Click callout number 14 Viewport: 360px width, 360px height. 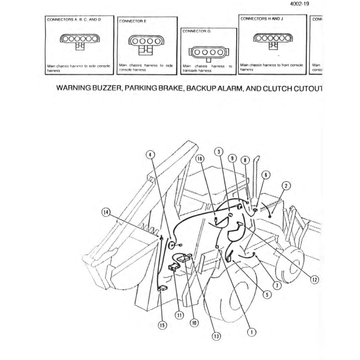(105, 212)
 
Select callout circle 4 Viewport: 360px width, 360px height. (151, 154)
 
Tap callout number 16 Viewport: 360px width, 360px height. (200, 158)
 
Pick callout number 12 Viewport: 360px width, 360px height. (314, 279)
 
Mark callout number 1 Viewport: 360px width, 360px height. (252, 332)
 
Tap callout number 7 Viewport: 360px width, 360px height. (277, 285)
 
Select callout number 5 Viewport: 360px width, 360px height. (266, 295)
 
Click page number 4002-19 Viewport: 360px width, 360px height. (300, 4)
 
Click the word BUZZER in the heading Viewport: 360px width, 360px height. (102, 89)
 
